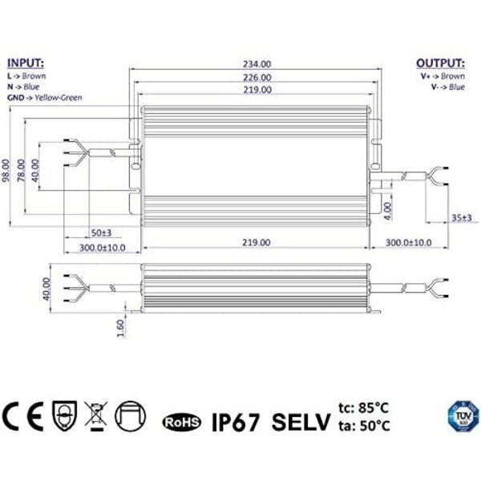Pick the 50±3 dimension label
coord(100,232)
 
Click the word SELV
coord(301,419)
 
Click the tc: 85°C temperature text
coord(366,408)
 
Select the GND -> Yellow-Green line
coord(44,97)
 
